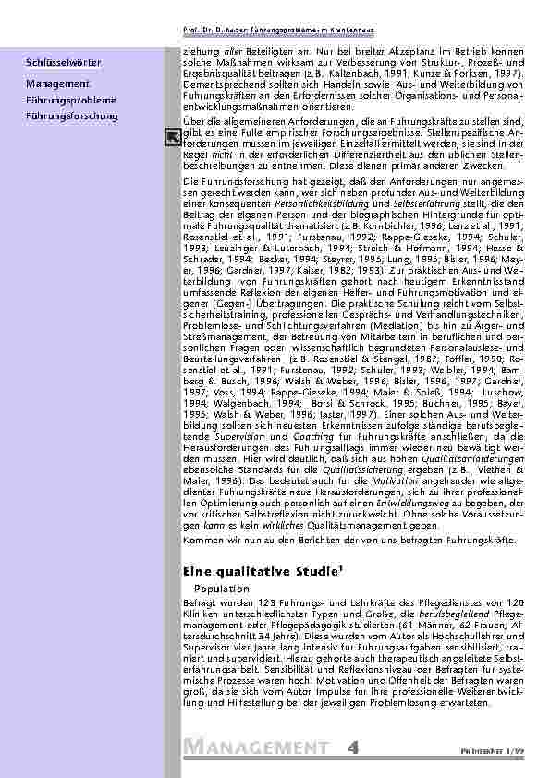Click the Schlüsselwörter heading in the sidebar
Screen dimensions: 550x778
click(64, 62)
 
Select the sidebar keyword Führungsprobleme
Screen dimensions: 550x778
click(70, 100)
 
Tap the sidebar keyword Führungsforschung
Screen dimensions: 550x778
click(72, 116)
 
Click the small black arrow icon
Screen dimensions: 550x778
click(172, 138)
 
